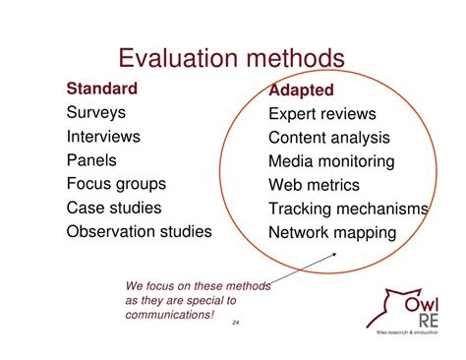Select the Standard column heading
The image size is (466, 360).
pos(102,89)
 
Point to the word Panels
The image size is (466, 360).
pos(92,160)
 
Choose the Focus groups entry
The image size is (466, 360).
pos(116,184)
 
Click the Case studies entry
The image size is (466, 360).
pos(114,208)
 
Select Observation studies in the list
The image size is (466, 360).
pos(139,232)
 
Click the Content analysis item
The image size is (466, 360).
pos(328,138)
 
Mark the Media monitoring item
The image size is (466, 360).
pos(331,161)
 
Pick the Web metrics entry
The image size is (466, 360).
pos(314,185)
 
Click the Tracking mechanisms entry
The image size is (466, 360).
pos(348,209)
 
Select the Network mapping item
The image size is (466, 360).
pos(331,233)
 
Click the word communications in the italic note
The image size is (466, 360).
pos(167,315)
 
